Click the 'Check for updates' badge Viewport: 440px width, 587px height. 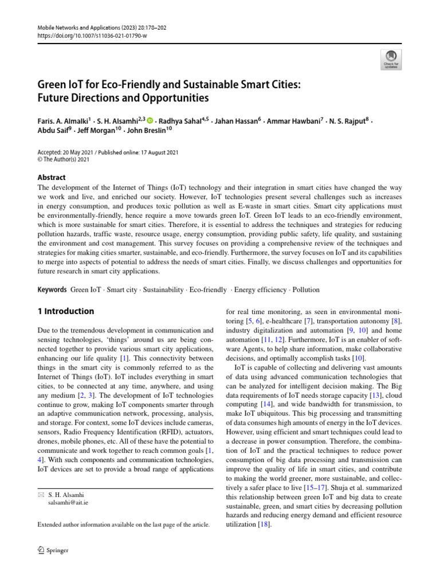click(391, 58)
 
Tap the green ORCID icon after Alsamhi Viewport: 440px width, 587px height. click(151, 120)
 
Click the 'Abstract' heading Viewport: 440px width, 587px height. click(52, 178)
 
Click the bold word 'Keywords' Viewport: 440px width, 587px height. click(52, 290)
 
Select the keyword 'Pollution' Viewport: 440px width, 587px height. click(305, 290)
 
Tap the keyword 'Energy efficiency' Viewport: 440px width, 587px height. click(261, 290)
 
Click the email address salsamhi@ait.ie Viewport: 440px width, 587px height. click(68, 502)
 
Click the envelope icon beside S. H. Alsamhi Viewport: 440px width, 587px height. click(40, 494)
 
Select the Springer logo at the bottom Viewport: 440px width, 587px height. click(53, 551)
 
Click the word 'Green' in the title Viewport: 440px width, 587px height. click(52, 85)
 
